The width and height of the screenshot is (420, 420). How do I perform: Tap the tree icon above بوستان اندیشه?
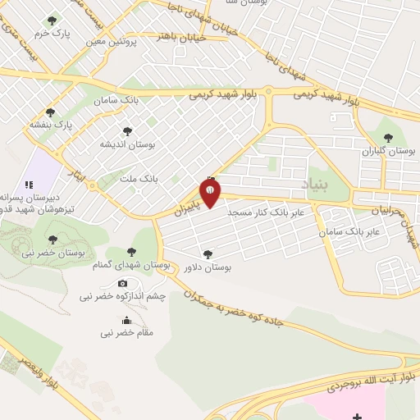(x=127, y=130)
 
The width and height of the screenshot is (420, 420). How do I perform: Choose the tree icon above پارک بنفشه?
(x=51, y=112)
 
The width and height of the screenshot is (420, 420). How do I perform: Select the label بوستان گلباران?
(x=390, y=153)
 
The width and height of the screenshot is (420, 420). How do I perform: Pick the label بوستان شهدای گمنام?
(x=132, y=266)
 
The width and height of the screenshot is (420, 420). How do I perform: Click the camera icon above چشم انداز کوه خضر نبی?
(x=124, y=283)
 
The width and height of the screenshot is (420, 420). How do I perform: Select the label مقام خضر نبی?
(x=126, y=333)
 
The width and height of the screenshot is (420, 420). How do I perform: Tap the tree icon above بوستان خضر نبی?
(x=52, y=240)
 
